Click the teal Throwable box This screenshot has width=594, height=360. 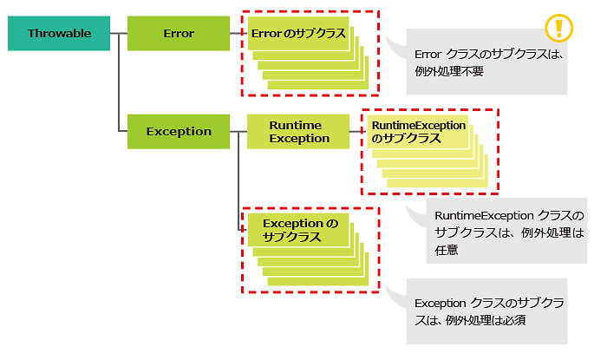click(59, 33)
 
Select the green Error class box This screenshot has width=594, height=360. click(179, 33)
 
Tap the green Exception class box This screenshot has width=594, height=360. click(179, 132)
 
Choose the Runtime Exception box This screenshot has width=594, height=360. click(298, 132)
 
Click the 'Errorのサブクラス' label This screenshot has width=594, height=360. click(298, 33)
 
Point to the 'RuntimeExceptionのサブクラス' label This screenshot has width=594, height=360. click(419, 132)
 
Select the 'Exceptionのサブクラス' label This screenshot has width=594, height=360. click(300, 230)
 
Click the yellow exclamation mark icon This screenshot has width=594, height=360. click(558, 28)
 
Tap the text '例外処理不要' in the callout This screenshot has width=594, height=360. click(449, 71)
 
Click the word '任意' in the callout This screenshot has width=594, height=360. click(447, 250)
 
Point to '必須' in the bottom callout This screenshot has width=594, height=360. click(514, 321)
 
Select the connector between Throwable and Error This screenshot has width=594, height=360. click(119, 33)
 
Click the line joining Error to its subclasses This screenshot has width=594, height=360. click(238, 33)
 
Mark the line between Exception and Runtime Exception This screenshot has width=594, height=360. click(238, 132)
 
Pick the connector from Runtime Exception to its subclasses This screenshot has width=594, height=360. click(358, 132)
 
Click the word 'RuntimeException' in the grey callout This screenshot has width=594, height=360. click(479, 216)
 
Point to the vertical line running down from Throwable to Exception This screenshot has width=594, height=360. click(119, 82)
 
